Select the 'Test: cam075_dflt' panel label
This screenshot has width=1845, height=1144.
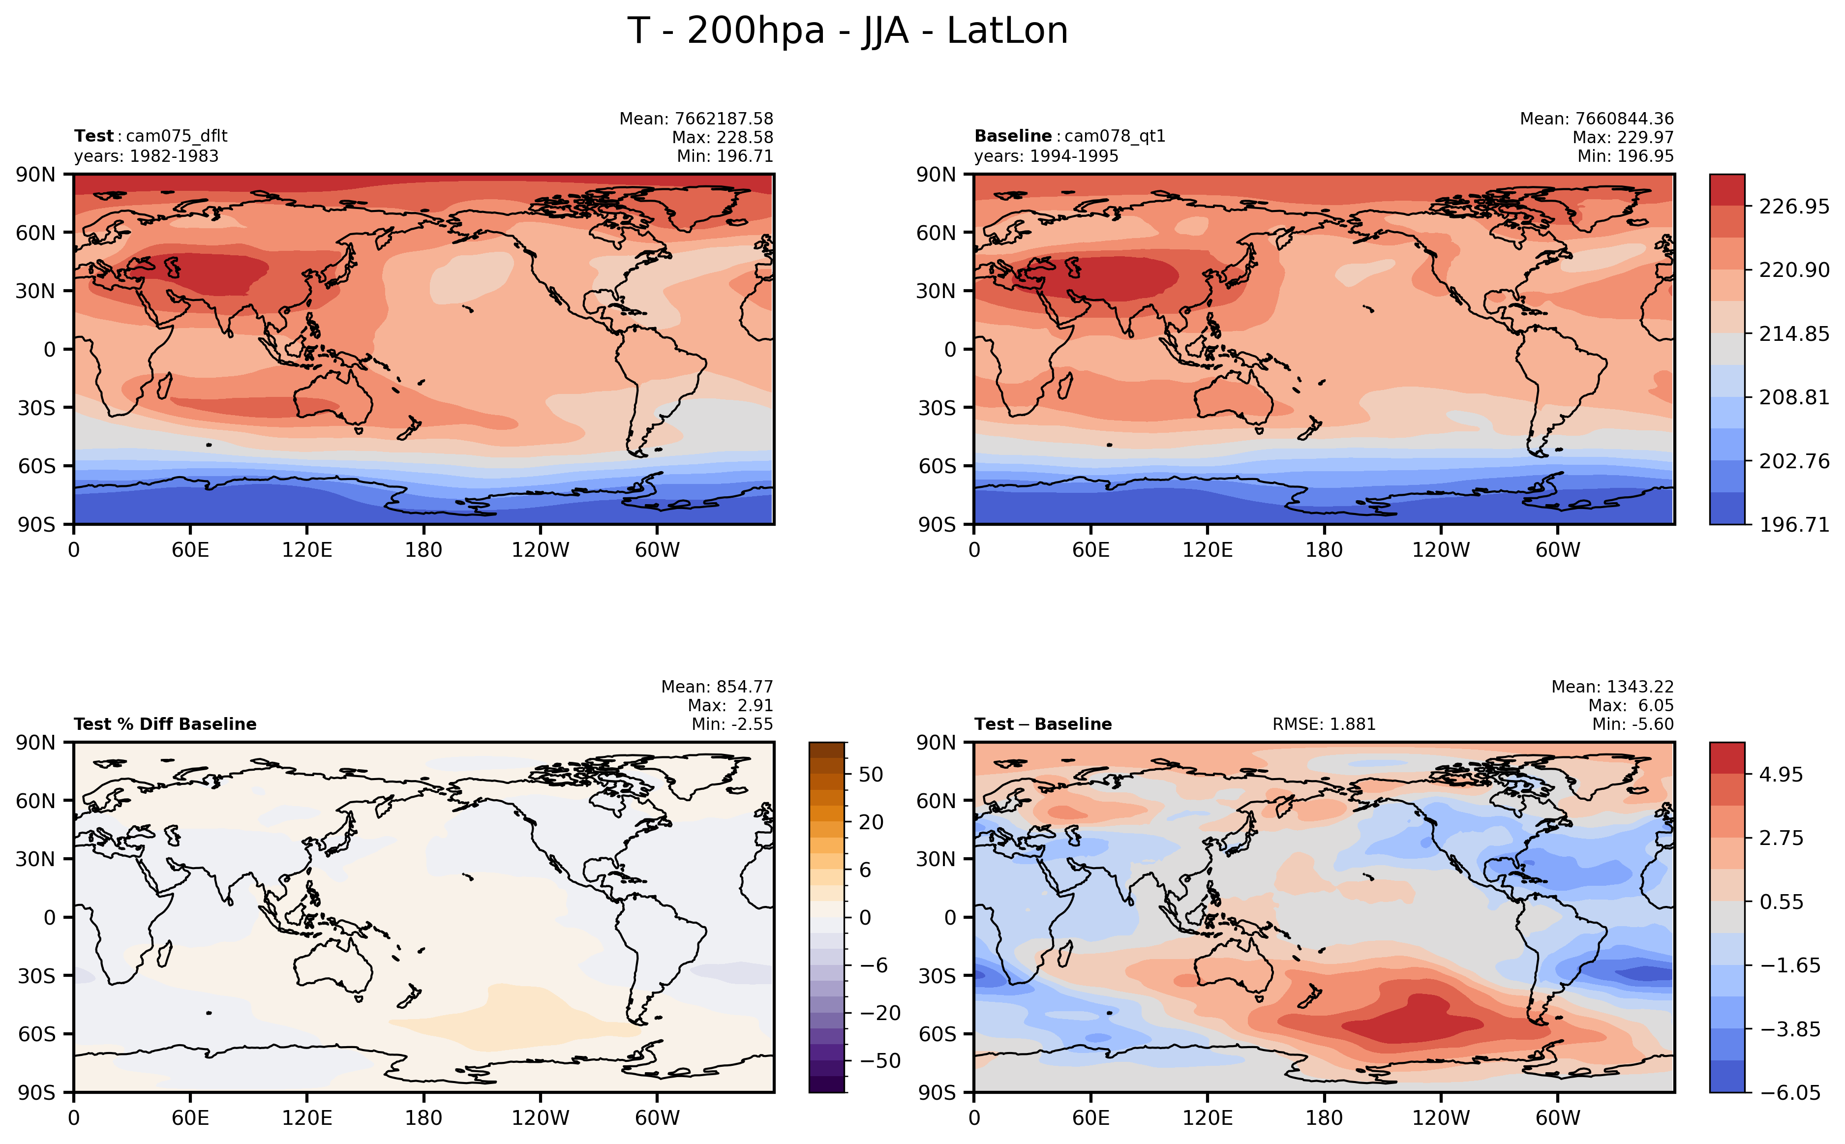point(151,136)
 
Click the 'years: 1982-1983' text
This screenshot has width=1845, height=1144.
point(146,156)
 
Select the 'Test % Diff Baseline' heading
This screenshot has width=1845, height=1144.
point(165,724)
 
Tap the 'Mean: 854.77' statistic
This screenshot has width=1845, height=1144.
point(716,687)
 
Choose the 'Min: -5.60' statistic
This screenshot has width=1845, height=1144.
point(1633,724)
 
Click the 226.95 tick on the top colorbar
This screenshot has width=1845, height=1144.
point(1793,207)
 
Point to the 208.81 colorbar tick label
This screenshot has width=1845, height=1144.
point(1793,397)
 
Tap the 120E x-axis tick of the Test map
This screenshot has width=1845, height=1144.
point(306,550)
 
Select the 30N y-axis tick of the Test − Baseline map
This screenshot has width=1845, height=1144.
point(937,859)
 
